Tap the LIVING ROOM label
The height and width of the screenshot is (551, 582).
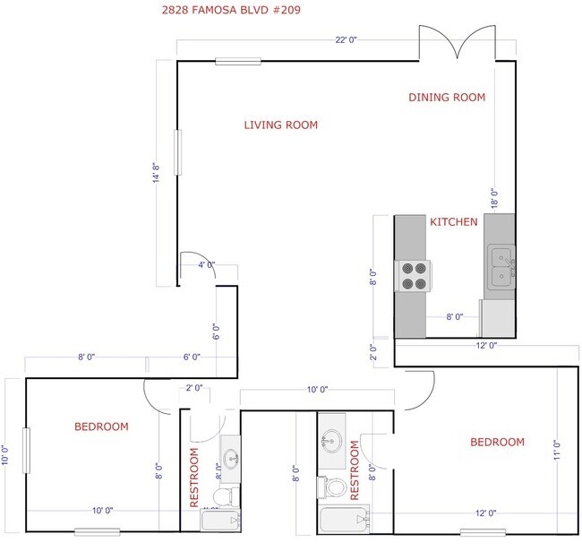tap(281, 125)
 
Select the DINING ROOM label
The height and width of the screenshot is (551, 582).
tap(447, 98)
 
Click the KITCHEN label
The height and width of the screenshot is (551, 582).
tap(453, 222)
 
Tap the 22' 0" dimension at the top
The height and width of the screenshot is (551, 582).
tap(347, 40)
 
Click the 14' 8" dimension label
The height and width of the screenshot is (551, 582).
tap(156, 173)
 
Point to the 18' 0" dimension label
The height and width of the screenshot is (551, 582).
tap(492, 197)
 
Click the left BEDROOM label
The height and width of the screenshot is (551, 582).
tap(100, 427)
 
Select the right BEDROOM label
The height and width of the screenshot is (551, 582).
tap(497, 443)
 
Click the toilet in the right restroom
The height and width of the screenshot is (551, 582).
tap(335, 487)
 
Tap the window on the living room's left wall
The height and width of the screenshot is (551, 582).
tap(177, 152)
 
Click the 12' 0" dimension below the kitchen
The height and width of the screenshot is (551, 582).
tap(486, 345)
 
